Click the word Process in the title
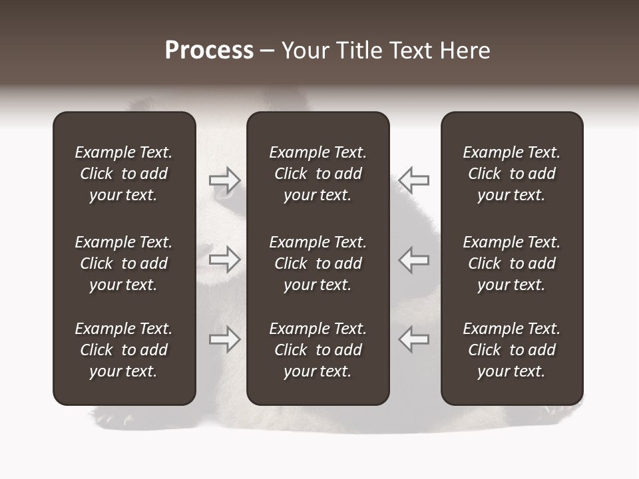click(209, 51)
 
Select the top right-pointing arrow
click(225, 180)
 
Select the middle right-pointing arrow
click(225, 259)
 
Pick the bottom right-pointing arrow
click(225, 339)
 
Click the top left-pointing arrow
click(413, 180)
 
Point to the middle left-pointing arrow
click(413, 259)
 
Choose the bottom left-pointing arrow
click(413, 339)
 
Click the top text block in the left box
click(124, 174)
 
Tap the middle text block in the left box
click(124, 263)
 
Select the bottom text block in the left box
click(124, 350)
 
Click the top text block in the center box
click(318, 174)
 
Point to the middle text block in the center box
click(318, 263)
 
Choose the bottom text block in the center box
click(318, 350)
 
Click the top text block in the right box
click(512, 174)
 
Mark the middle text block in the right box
click(512, 263)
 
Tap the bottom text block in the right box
click(512, 350)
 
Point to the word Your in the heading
click(304, 51)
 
